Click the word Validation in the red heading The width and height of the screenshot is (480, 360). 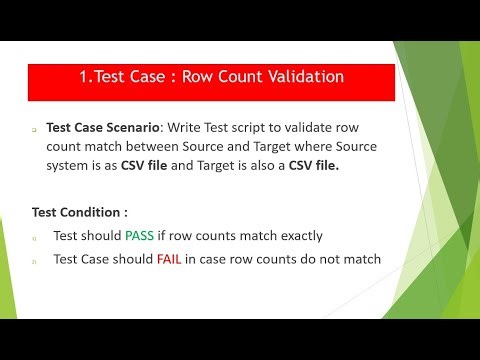pyautogui.click(x=300, y=76)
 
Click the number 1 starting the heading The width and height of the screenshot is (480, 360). pyautogui.click(x=83, y=76)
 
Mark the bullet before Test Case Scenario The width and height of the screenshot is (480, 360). pyautogui.click(x=33, y=131)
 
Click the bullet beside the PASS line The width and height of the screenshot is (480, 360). pyautogui.click(x=33, y=239)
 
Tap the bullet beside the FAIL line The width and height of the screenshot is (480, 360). pyautogui.click(x=33, y=260)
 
